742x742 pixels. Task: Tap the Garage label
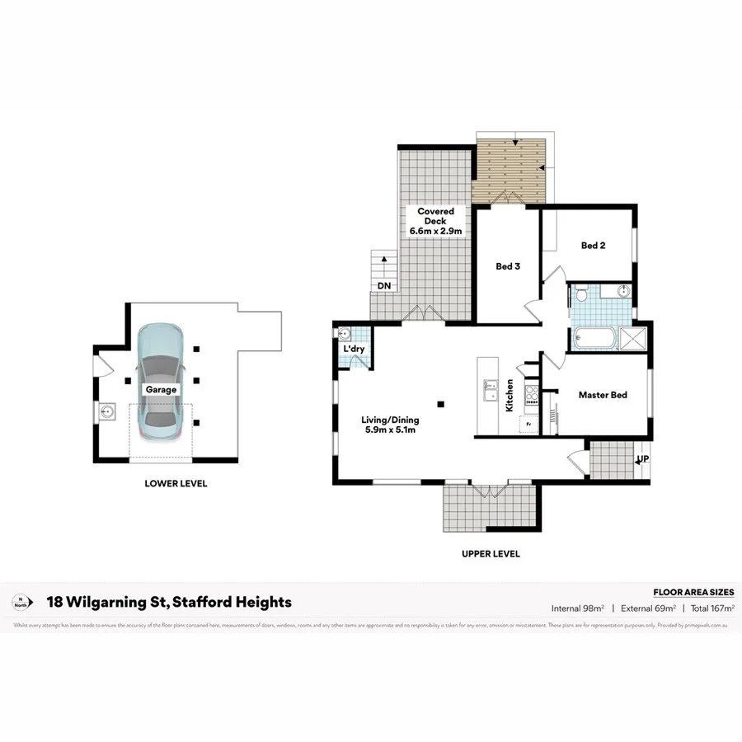coord(161,389)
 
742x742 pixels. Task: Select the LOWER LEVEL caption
coord(176,484)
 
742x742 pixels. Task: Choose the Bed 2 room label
coord(594,246)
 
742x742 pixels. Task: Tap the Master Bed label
coord(602,395)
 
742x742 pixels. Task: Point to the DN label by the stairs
coord(383,286)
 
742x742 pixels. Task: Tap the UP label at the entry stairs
coord(642,458)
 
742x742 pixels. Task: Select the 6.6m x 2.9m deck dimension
coord(434,232)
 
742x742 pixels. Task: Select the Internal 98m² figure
coord(578,608)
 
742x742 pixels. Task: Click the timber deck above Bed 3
coord(511,169)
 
